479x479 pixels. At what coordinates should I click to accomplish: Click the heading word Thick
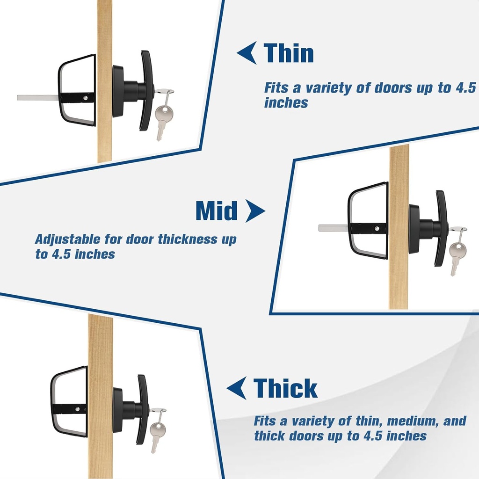pyautogui.click(x=285, y=388)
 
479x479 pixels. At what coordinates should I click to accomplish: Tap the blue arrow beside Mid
pyautogui.click(x=254, y=211)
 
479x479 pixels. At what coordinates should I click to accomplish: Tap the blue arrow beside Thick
pyautogui.click(x=237, y=388)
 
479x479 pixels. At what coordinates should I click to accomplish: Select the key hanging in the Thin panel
pyautogui.click(x=163, y=117)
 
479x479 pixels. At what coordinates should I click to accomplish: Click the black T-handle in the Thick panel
pyautogui.click(x=142, y=409)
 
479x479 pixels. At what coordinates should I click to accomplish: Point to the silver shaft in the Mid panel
pyautogui.click(x=333, y=228)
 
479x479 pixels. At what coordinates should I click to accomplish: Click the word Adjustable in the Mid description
pyautogui.click(x=67, y=239)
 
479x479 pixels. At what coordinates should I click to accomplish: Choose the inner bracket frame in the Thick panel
pyautogui.click(x=69, y=402)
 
